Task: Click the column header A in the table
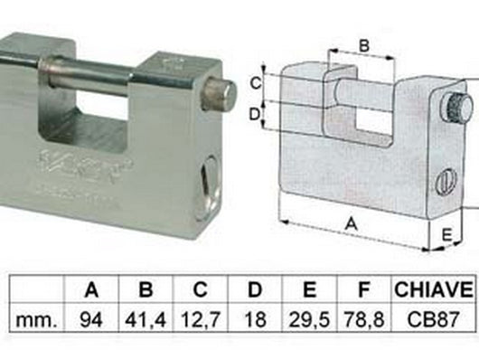click(90, 290)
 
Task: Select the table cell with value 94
click(90, 318)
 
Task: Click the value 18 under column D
click(254, 318)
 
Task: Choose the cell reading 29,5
click(308, 318)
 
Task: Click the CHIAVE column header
click(433, 290)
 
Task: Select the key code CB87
click(433, 318)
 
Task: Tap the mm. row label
click(36, 318)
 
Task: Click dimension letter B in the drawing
click(362, 44)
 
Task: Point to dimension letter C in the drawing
click(256, 82)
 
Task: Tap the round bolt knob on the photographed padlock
click(217, 94)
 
